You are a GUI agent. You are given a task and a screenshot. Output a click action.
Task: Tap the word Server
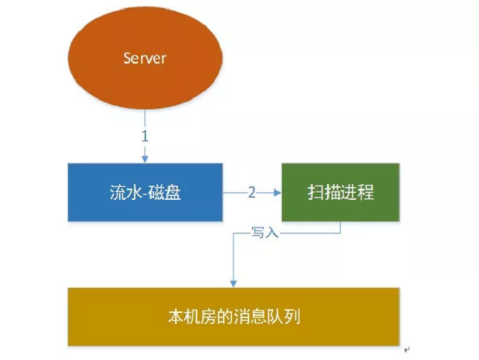point(144,57)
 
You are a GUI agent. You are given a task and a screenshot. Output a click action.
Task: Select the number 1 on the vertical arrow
point(145,138)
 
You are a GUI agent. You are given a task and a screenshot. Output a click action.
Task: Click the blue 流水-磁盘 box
point(145,192)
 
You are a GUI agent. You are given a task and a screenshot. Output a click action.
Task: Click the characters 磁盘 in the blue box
point(167,192)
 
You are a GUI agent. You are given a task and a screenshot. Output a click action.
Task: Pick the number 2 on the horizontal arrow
point(251,192)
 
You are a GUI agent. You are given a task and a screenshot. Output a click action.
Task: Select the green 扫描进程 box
point(341,192)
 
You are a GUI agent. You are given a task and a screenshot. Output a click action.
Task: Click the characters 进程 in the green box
point(357,192)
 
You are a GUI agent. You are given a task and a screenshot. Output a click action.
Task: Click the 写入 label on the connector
point(265,234)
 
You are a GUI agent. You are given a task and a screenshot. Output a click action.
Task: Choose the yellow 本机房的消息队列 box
point(234,317)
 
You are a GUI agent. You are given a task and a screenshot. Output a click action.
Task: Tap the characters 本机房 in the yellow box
point(190,317)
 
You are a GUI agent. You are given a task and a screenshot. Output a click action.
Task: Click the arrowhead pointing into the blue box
point(145,158)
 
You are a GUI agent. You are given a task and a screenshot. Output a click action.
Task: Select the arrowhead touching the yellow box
point(234,283)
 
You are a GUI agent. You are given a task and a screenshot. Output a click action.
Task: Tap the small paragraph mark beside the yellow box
point(406,349)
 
